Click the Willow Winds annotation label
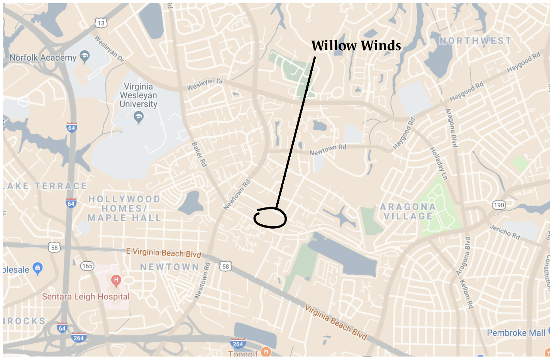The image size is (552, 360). (356, 46)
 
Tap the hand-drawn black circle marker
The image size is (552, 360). (270, 217)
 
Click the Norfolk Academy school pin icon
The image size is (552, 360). (85, 56)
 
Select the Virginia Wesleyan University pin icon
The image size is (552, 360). (138, 116)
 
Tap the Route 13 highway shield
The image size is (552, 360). (101, 23)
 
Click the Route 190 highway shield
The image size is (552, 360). (499, 205)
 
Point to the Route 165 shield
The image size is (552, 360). (87, 266)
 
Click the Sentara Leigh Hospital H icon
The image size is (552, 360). (116, 280)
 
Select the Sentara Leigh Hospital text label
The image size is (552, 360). (86, 297)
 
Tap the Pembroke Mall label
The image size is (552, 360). (516, 333)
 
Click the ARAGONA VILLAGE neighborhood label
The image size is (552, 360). (408, 212)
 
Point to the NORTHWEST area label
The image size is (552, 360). (475, 41)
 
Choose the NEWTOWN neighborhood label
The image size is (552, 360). (169, 267)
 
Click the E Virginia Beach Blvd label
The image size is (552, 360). (164, 253)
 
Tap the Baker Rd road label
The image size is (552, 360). (199, 154)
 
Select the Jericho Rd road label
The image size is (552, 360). (505, 232)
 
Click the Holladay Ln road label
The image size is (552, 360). (439, 163)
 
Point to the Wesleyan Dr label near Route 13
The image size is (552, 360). (109, 48)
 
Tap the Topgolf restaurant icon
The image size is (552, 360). (266, 352)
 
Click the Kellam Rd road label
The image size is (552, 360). (467, 294)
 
